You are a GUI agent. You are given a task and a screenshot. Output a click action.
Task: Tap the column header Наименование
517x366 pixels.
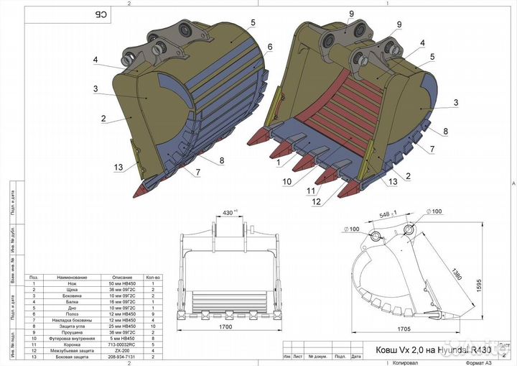pos(73,276)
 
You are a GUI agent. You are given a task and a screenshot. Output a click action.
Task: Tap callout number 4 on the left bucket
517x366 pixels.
pos(96,60)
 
